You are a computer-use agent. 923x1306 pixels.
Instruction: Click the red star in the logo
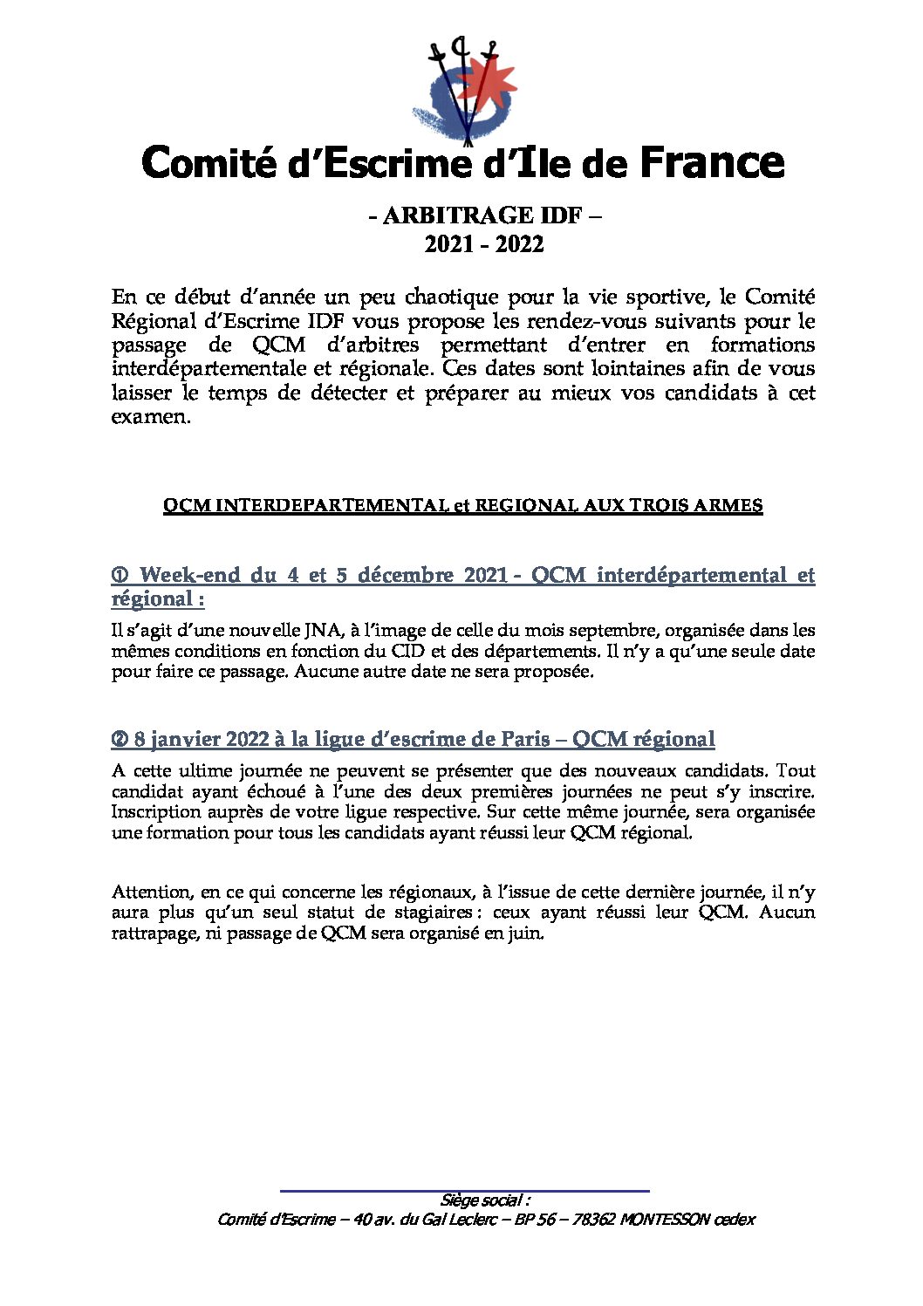pyautogui.click(x=486, y=84)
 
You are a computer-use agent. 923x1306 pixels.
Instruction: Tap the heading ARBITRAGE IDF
pyautogui.click(x=475, y=215)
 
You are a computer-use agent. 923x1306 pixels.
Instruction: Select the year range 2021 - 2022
pyautogui.click(x=484, y=244)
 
